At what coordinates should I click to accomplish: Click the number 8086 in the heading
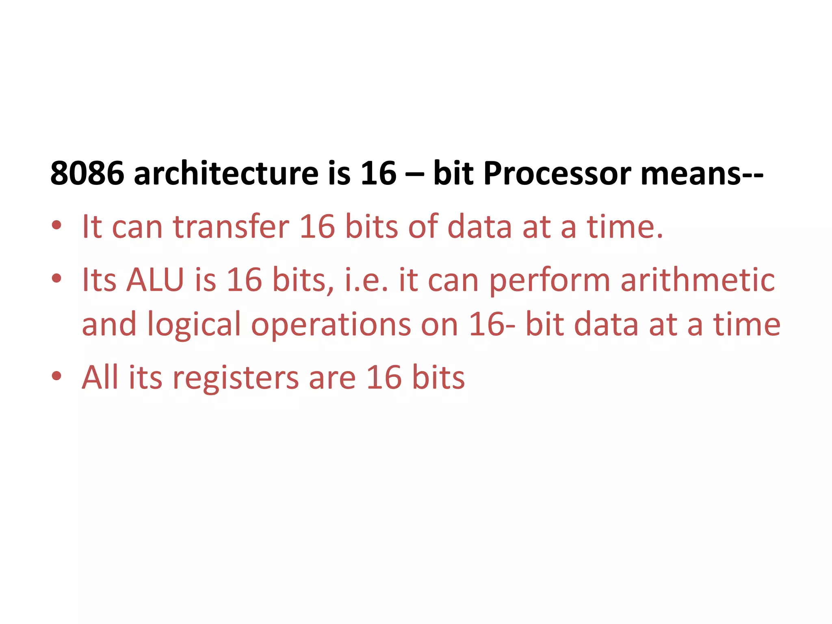tap(87, 173)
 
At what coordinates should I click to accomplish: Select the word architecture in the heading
tap(226, 173)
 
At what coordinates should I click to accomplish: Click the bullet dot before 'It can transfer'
tap(56, 225)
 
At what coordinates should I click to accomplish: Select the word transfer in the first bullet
tap(231, 227)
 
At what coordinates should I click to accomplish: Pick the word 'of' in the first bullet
tap(422, 227)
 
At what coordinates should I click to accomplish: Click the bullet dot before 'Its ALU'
tap(56, 278)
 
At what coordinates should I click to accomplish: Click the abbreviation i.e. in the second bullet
tap(366, 280)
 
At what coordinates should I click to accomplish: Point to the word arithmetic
tap(698, 280)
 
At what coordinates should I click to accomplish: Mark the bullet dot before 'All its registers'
tap(56, 376)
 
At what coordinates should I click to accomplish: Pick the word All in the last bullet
tap(100, 377)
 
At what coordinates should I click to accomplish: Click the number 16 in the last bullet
tap(383, 377)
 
